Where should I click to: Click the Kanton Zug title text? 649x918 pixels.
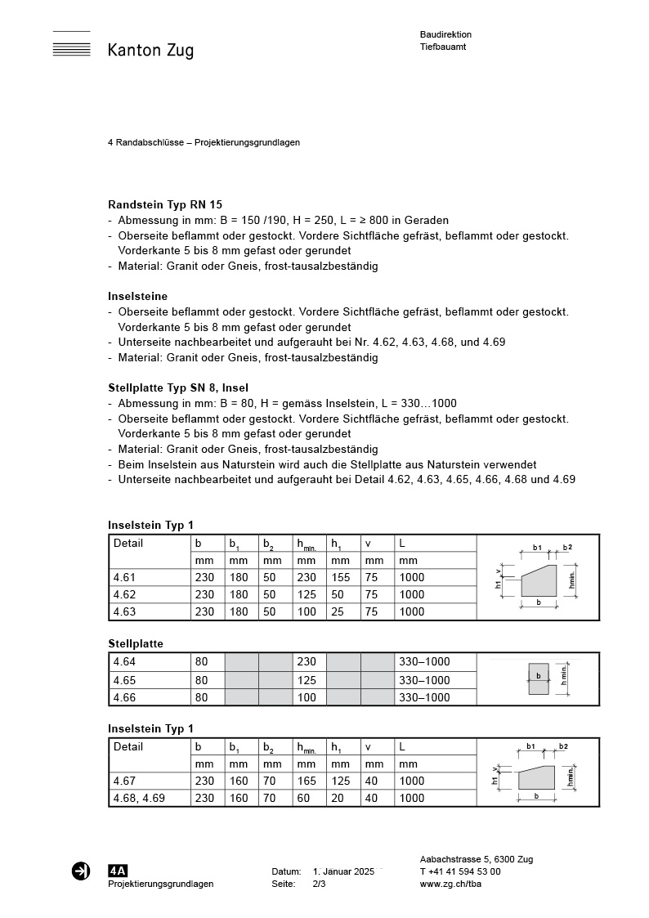[150, 51]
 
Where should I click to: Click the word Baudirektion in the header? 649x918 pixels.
[445, 34]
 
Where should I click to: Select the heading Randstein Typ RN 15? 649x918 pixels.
[165, 204]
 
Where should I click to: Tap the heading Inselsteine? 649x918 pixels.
[137, 296]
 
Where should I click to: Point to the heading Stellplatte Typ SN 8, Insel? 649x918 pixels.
[178, 387]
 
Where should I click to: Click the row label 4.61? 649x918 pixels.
[124, 577]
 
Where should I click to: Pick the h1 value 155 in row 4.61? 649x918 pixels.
[340, 577]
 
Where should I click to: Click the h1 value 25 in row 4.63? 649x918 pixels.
[337, 611]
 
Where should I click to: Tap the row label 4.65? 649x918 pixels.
[124, 680]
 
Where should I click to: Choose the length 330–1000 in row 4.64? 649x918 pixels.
[424, 662]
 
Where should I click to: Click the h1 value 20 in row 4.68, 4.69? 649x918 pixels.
[337, 798]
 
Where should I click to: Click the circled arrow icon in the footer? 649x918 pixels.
[81, 871]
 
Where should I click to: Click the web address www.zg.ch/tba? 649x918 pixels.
[450, 884]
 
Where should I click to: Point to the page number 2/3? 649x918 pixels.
[319, 884]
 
